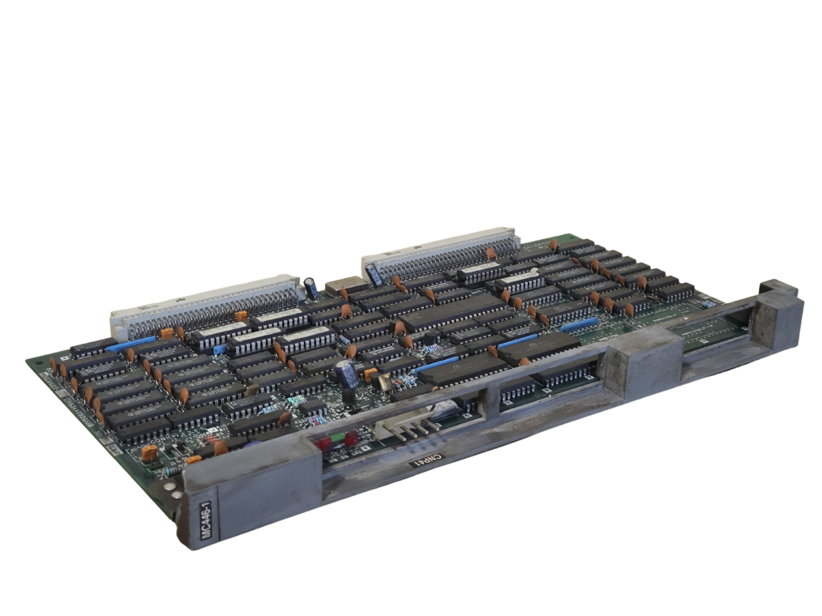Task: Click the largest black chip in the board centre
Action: tap(452, 311)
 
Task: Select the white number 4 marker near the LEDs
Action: tap(365, 447)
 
